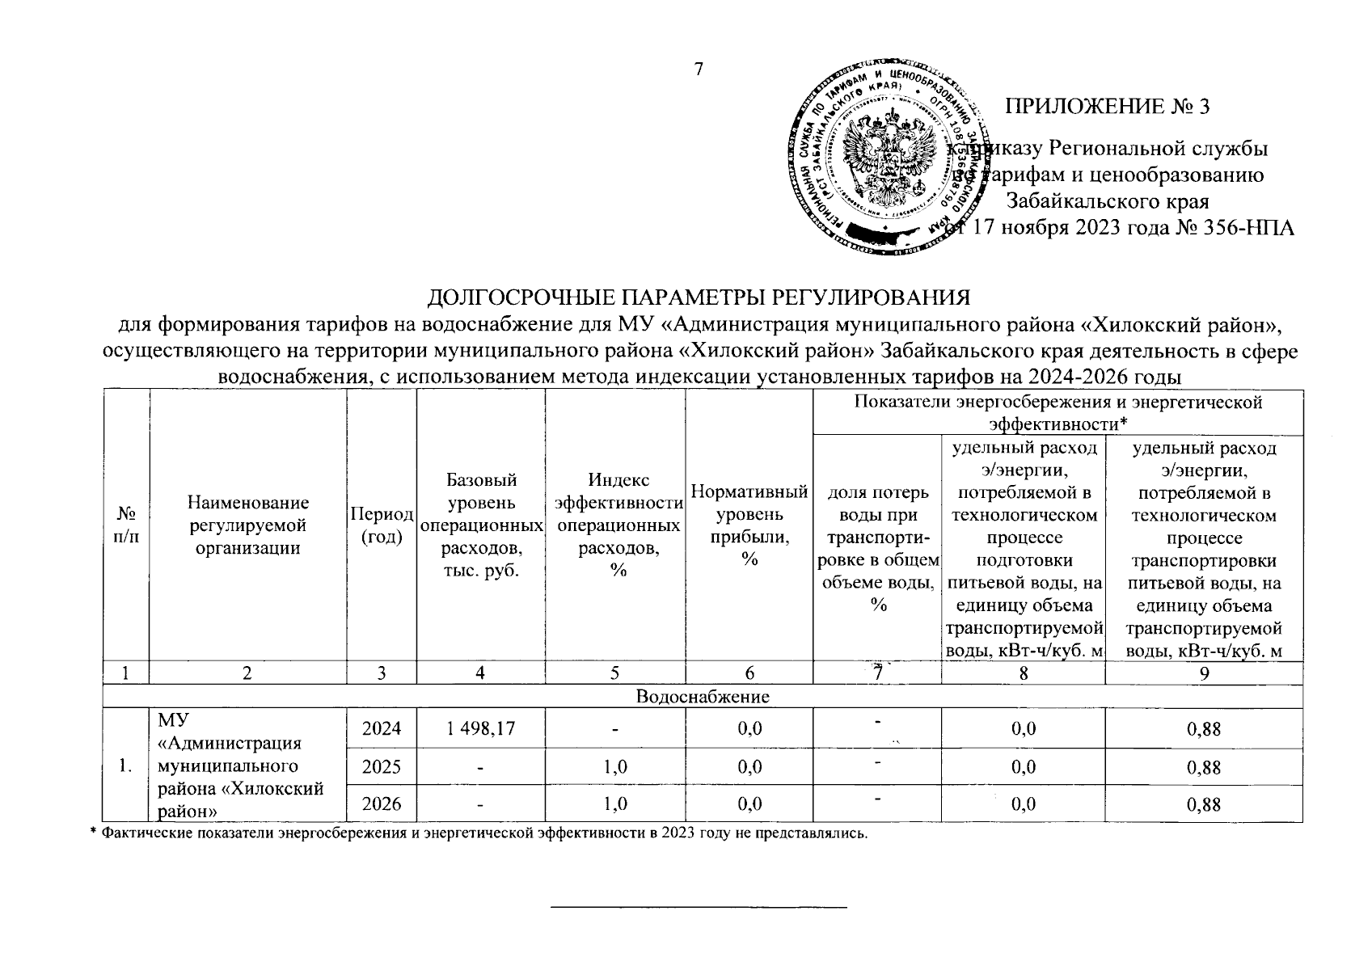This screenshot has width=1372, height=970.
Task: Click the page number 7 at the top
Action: (x=700, y=70)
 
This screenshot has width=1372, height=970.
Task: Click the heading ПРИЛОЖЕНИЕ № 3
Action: (x=1109, y=107)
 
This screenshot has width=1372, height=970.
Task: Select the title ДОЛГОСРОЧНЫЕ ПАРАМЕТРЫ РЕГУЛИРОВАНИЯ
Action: (x=698, y=297)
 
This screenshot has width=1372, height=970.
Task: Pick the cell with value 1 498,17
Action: (x=480, y=729)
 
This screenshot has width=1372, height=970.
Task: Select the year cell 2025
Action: (x=382, y=766)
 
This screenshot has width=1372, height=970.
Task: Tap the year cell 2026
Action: (x=382, y=804)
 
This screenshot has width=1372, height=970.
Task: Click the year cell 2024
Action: (x=382, y=729)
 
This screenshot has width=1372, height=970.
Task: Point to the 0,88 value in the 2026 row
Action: (x=1203, y=804)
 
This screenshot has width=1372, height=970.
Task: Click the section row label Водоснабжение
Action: (x=703, y=696)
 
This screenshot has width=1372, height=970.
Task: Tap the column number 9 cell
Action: (x=1204, y=673)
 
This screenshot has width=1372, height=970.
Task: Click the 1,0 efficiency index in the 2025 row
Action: (x=616, y=766)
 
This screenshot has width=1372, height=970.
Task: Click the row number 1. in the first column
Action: (x=125, y=766)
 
